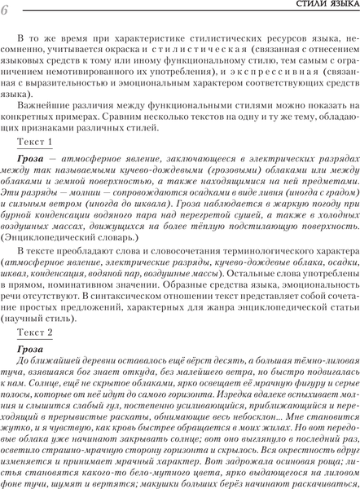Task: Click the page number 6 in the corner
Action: click(x=7, y=9)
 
